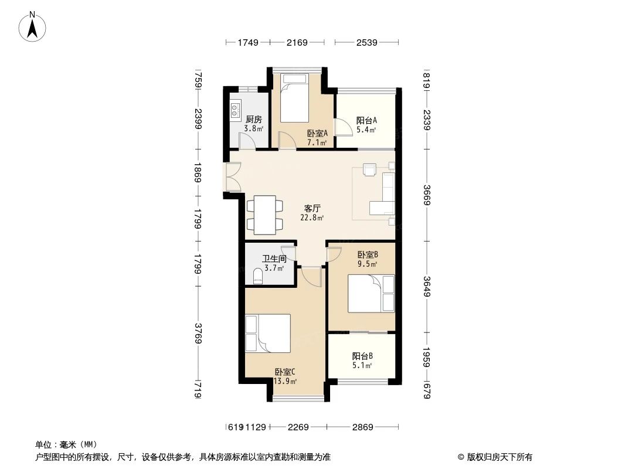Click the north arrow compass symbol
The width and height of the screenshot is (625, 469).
(x=32, y=26)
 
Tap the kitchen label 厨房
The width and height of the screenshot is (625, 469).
(x=253, y=119)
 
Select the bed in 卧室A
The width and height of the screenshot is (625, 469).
(x=294, y=98)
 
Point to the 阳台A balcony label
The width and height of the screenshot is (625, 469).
(x=366, y=120)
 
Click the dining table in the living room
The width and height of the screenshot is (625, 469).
(x=264, y=215)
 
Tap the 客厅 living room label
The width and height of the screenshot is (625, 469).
(x=312, y=208)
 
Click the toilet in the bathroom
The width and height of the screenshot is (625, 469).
(x=258, y=276)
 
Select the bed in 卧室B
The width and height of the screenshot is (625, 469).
(x=371, y=293)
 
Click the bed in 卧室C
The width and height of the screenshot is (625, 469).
(x=268, y=333)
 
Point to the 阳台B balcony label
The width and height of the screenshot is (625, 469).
(x=362, y=356)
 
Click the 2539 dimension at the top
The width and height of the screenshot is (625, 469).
(x=366, y=42)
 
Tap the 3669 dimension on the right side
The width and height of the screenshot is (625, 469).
(x=427, y=195)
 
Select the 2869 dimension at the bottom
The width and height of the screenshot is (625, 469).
(x=362, y=427)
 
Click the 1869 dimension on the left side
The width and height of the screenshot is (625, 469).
(x=198, y=172)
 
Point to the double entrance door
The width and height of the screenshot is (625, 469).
(x=232, y=176)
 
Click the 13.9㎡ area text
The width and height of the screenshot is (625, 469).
(x=285, y=381)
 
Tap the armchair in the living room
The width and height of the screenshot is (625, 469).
(x=369, y=169)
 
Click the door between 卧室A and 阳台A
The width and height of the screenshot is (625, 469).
(x=341, y=128)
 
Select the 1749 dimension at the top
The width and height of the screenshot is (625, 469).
(x=249, y=42)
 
